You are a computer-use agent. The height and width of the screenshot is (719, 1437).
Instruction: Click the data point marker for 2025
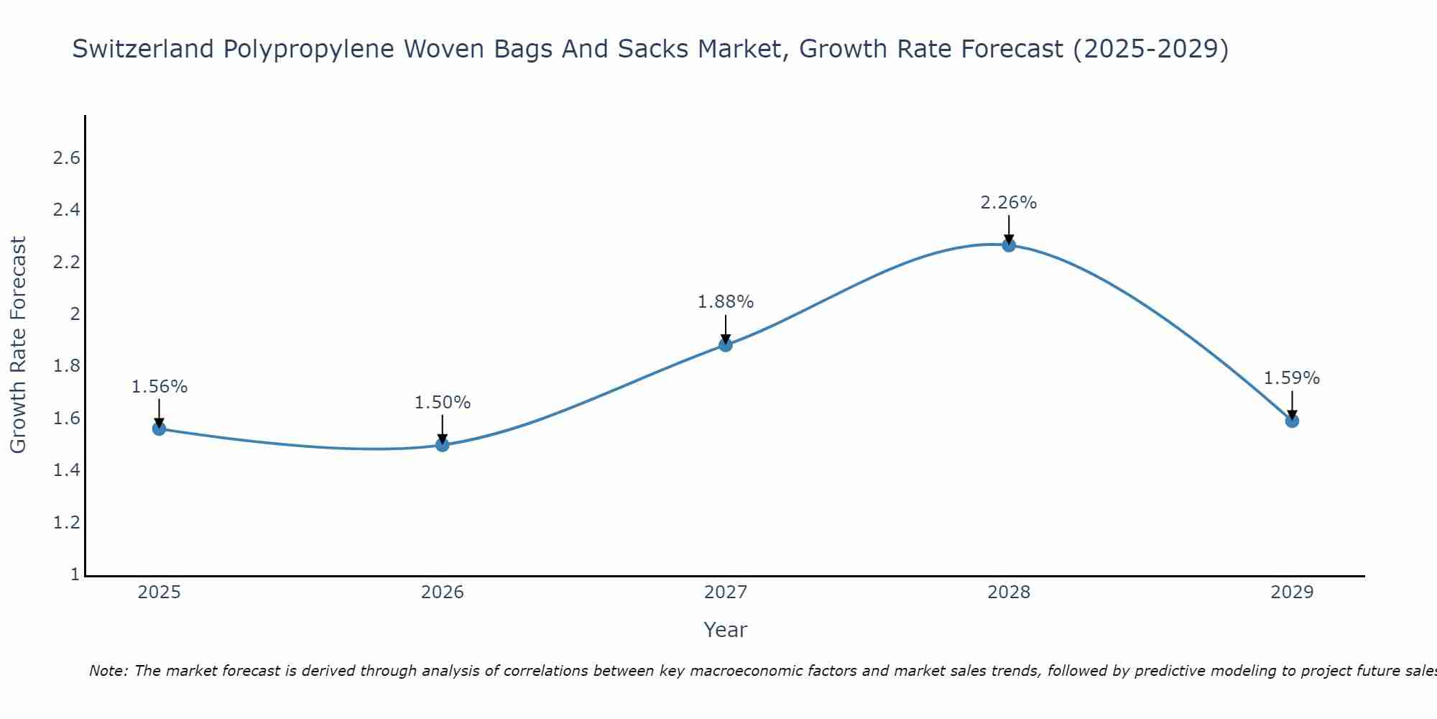tap(159, 429)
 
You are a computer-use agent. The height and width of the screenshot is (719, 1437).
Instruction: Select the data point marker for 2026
tap(442, 445)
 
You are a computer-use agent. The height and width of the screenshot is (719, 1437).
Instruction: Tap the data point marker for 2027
tap(726, 345)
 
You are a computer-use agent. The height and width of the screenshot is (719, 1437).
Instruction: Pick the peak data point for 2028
tap(1009, 245)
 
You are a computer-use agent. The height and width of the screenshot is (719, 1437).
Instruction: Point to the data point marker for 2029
tap(1292, 421)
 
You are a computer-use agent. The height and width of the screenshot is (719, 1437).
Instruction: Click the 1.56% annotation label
tap(159, 387)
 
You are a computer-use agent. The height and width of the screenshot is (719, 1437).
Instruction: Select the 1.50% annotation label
tap(442, 403)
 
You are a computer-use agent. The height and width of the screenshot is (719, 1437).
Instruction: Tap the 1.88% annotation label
tap(726, 302)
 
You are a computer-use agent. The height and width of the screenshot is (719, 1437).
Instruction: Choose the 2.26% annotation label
tap(1009, 203)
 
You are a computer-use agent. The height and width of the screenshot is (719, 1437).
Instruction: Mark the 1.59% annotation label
tap(1292, 378)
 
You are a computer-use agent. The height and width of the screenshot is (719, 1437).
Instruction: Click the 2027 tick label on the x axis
tap(726, 592)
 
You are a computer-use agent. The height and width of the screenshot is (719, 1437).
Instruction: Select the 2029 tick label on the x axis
tap(1292, 592)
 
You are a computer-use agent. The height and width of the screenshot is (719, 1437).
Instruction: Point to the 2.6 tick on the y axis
tap(66, 158)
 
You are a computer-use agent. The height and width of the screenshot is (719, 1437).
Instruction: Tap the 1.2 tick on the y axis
tap(66, 523)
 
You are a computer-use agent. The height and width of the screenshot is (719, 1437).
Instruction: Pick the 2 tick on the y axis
tap(74, 314)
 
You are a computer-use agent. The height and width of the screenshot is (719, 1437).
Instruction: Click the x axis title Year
tap(726, 630)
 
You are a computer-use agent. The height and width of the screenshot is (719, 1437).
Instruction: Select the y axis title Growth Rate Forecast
tap(18, 344)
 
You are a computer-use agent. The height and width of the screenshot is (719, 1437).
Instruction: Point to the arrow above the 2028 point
tap(1009, 229)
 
